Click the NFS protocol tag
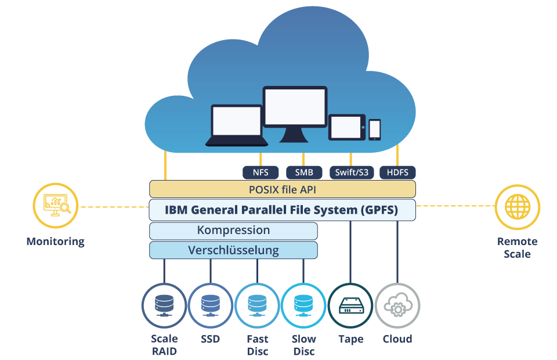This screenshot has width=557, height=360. pyautogui.click(x=261, y=172)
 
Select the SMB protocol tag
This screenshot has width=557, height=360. pyautogui.click(x=304, y=172)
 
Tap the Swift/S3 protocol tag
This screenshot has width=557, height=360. pyautogui.click(x=352, y=172)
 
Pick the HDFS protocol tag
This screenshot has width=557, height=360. pyautogui.click(x=397, y=172)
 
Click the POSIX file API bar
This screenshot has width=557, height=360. pyautogui.click(x=282, y=189)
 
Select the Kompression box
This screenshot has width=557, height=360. pyautogui.click(x=233, y=231)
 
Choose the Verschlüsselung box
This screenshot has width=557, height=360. pyautogui.click(x=233, y=250)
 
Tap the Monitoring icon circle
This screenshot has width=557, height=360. pyautogui.click(x=55, y=206)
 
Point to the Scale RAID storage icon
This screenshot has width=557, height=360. pyautogui.click(x=164, y=305)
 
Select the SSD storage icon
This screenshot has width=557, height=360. pyautogui.click(x=210, y=305)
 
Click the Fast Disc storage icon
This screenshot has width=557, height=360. pyautogui.click(x=257, y=305)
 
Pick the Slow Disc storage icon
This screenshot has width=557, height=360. pyautogui.click(x=303, y=305)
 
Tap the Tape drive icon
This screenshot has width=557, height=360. pyautogui.click(x=350, y=305)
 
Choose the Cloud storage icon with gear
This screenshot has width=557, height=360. pyautogui.click(x=397, y=305)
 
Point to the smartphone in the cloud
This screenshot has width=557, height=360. pyautogui.click(x=375, y=129)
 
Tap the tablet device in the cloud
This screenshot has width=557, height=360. pyautogui.click(x=348, y=127)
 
